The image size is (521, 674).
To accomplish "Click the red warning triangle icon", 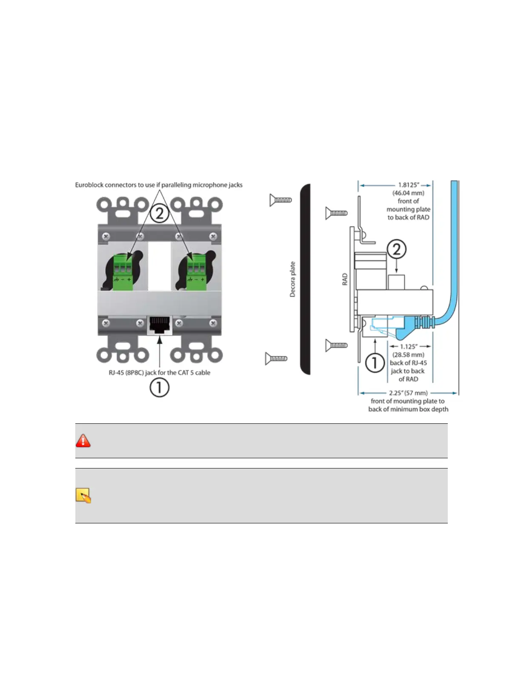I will point(83,440).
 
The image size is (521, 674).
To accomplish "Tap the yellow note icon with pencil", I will point(83,496).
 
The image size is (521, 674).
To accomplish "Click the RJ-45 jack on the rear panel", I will point(160,326).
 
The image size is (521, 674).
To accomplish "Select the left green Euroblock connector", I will point(123,272).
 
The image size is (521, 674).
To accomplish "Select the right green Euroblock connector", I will point(196,272).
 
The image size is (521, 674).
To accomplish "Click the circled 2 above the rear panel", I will point(159,213).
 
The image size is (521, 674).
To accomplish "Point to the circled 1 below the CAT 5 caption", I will point(159,388).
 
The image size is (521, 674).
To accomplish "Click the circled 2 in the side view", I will point(396,249).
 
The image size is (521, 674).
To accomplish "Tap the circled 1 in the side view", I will point(375,363).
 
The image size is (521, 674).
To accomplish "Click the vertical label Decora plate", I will point(292,279).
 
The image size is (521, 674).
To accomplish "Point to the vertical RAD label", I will point(345,279).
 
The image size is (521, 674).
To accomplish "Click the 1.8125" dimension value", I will point(409,185).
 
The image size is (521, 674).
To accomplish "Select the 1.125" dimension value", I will point(409,346).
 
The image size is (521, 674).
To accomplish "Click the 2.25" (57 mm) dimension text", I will point(408,393).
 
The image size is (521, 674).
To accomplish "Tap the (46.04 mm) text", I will point(408,193).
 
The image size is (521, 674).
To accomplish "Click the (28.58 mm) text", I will point(408,354).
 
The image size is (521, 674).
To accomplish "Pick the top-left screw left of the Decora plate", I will point(281,200).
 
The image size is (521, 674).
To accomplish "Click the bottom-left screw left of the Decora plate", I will point(276,359).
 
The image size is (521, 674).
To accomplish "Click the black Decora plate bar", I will point(305,279).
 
